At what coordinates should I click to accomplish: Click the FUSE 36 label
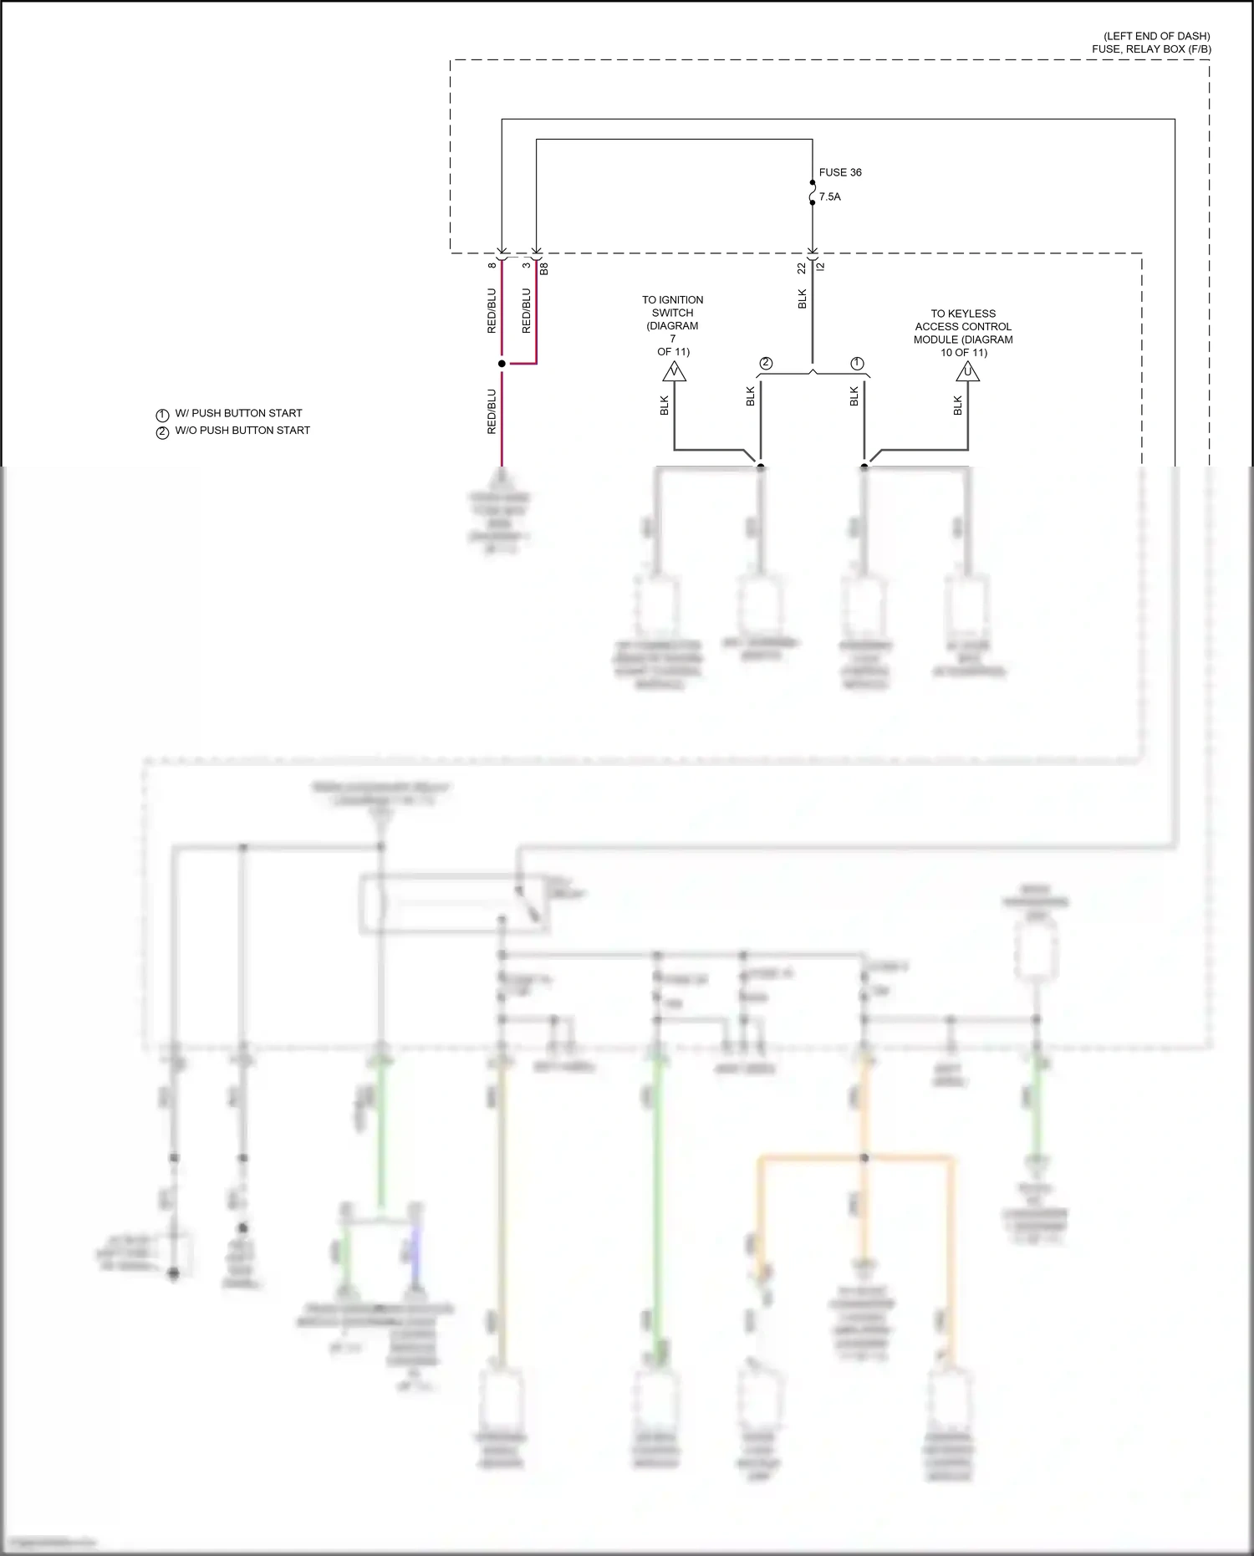point(839,172)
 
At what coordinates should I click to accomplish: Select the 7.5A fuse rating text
point(829,196)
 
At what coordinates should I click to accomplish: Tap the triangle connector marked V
point(674,371)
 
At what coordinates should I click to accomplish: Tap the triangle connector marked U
point(967,371)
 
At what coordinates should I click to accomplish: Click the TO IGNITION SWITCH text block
point(672,325)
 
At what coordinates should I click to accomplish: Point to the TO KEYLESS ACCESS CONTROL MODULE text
point(963,333)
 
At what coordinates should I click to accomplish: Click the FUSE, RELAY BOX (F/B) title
point(1150,49)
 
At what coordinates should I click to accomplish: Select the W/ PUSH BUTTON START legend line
point(238,413)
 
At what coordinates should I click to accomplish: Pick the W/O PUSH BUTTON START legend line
point(242,431)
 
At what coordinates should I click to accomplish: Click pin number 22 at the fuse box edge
point(802,268)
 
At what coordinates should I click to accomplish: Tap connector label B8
point(544,268)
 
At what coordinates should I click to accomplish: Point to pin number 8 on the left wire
point(492,266)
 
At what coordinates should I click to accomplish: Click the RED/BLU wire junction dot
point(502,364)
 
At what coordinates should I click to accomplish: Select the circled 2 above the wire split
point(766,363)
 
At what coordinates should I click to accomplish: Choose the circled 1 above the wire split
point(857,363)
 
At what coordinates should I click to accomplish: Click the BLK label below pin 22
point(802,298)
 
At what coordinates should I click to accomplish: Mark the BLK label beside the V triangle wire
point(664,406)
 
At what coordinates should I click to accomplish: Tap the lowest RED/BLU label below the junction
point(492,411)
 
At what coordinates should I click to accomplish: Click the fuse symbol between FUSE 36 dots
point(812,193)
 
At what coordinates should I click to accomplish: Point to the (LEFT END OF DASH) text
point(1156,36)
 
